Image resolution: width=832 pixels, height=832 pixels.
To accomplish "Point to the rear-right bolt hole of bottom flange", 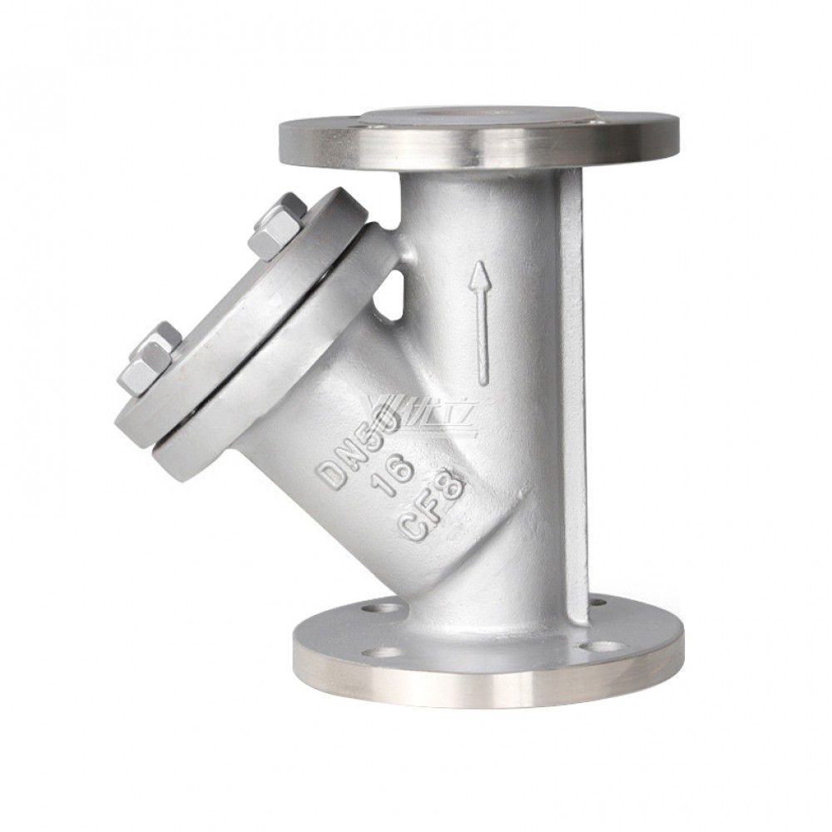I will pos(596,598).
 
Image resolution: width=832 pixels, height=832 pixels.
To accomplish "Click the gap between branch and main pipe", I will pos(396,288).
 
